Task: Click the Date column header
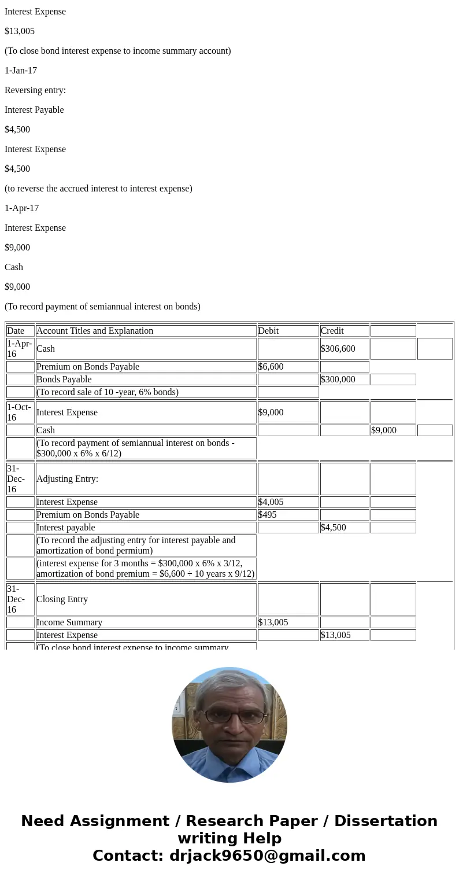click(x=16, y=331)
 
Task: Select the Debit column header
click(x=268, y=331)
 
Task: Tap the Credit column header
click(x=332, y=331)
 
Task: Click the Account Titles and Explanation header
click(x=95, y=331)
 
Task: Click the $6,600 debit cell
click(x=271, y=367)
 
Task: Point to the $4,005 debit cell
click(x=271, y=502)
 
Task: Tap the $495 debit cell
click(x=268, y=515)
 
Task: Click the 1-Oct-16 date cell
click(x=20, y=412)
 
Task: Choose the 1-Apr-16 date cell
click(x=20, y=349)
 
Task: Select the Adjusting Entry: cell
click(x=68, y=479)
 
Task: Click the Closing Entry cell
click(x=62, y=599)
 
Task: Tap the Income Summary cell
click(x=69, y=622)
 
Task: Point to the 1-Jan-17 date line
click(x=21, y=71)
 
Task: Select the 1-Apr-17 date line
click(x=22, y=208)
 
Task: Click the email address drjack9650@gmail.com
click(x=267, y=856)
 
